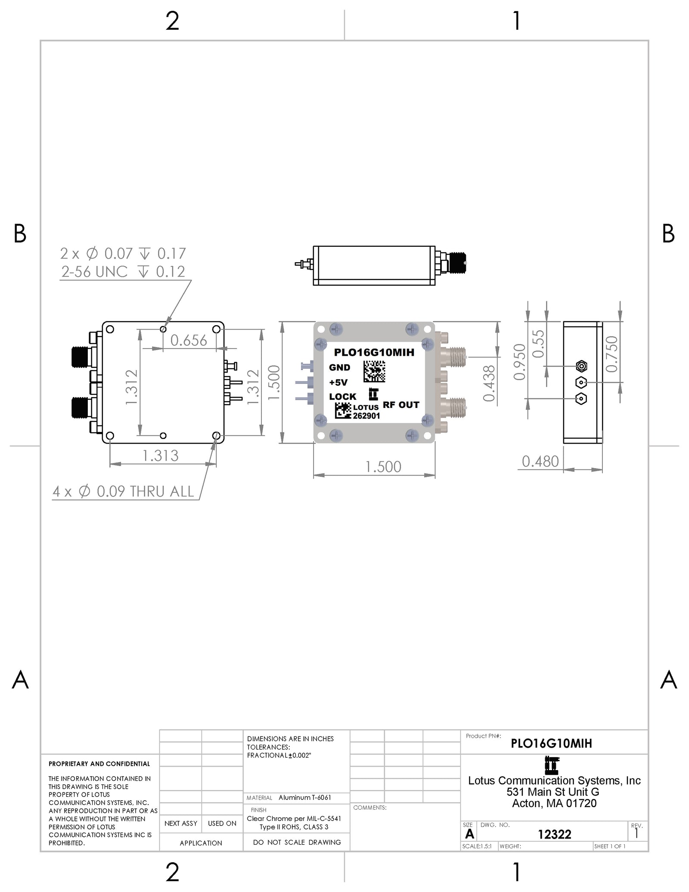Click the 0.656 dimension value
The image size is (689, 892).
point(189,341)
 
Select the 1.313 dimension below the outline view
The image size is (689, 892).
point(161,456)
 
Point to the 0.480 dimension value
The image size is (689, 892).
point(540,462)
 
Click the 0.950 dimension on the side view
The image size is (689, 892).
point(520,362)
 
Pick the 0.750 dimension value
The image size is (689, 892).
point(611,354)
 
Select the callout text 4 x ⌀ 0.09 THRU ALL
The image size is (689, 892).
point(124,491)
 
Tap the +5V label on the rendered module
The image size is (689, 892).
point(338,382)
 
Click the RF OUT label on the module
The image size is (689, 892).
point(401,405)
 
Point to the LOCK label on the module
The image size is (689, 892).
point(343,397)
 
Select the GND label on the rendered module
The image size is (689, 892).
point(340,367)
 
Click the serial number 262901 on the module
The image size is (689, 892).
point(366,416)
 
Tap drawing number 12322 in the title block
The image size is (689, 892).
point(554,834)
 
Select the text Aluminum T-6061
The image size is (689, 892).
point(305,798)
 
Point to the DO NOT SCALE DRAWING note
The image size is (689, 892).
point(297,842)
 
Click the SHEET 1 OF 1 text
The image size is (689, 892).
point(610,846)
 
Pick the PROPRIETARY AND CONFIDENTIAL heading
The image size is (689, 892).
point(99,764)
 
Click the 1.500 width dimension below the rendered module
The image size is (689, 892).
point(383,467)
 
